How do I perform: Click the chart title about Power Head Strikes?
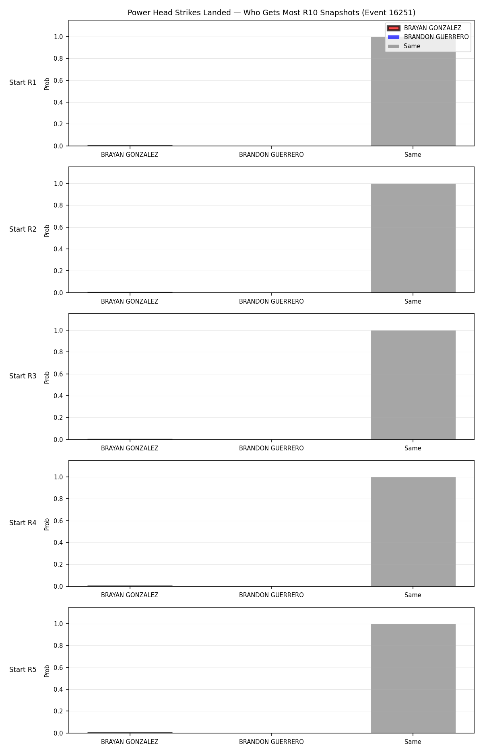coord(271,12)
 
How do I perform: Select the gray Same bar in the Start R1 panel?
coord(413,91)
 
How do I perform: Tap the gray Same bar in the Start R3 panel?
coord(413,385)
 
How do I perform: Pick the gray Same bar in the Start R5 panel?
coord(413,678)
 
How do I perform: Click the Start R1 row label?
coord(23,82)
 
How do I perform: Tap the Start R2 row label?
coord(23,229)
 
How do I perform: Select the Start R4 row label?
coord(23,523)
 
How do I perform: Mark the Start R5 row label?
coord(23,670)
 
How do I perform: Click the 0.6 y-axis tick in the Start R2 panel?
coord(58,227)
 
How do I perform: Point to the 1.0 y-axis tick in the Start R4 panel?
coord(58,477)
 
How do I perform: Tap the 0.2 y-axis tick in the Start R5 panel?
coord(58,711)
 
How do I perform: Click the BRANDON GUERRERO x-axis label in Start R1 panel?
coord(271,155)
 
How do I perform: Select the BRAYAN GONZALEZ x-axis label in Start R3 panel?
coord(130,448)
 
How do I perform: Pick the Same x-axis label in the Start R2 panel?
coord(413,302)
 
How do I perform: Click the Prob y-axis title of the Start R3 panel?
coord(47,377)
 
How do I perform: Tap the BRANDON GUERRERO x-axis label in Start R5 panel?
coord(271,742)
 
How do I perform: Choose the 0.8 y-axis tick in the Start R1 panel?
coord(58,58)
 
